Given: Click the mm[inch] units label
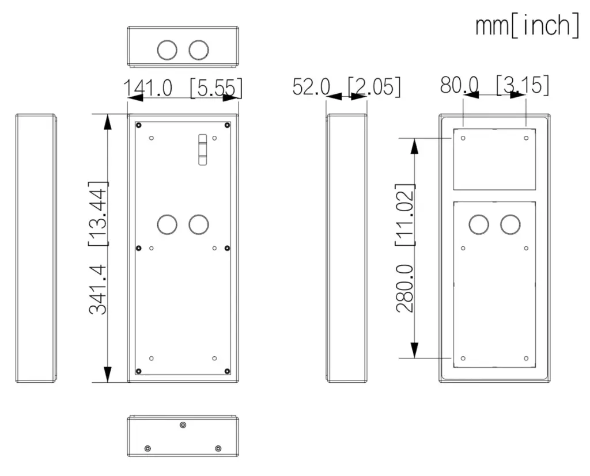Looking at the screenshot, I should (527, 26).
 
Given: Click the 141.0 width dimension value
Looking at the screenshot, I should (147, 88).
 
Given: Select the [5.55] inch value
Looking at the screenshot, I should (216, 88).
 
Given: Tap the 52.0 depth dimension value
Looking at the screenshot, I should (311, 87).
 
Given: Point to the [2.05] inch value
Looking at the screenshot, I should (374, 87).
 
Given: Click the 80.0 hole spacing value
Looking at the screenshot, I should (459, 85).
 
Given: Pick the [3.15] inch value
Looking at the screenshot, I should (523, 85).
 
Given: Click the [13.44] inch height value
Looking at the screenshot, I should (99, 214).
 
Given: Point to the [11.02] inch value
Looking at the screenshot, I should (406, 215).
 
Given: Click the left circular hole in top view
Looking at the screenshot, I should (168, 50).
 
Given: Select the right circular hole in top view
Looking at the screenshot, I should (198, 50).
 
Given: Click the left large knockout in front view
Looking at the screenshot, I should (168, 224).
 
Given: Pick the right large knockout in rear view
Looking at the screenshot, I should (510, 224).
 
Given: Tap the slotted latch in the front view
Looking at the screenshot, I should (202, 150).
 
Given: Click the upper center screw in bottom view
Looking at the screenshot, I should (183, 425).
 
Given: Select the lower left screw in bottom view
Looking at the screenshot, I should (148, 448).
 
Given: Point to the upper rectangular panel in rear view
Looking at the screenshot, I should (494, 159).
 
